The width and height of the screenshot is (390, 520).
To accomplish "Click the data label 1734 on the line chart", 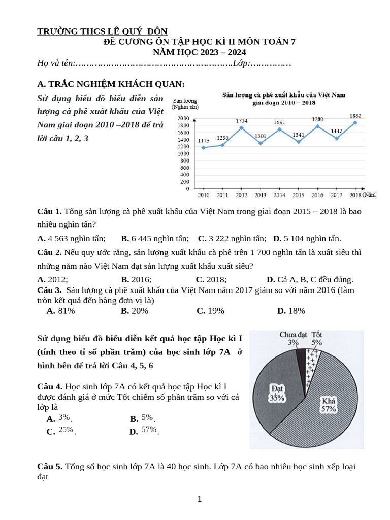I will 241,121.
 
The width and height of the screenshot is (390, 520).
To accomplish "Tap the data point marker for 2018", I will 355,122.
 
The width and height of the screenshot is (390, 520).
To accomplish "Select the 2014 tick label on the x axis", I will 280,194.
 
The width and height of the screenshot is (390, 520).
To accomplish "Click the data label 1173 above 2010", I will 204,140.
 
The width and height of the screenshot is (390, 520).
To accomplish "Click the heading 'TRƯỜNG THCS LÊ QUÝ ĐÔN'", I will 102,31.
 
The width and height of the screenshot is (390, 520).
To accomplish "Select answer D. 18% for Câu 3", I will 291,311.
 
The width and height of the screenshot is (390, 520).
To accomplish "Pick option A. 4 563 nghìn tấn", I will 72,238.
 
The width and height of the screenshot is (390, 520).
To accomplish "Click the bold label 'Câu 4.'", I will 50,386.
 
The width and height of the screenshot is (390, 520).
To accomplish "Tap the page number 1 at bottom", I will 200,499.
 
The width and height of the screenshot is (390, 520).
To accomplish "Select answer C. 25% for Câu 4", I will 61,432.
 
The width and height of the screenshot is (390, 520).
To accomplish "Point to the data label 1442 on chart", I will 336,131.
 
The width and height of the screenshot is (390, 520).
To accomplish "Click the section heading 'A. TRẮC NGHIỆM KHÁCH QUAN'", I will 111,84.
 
